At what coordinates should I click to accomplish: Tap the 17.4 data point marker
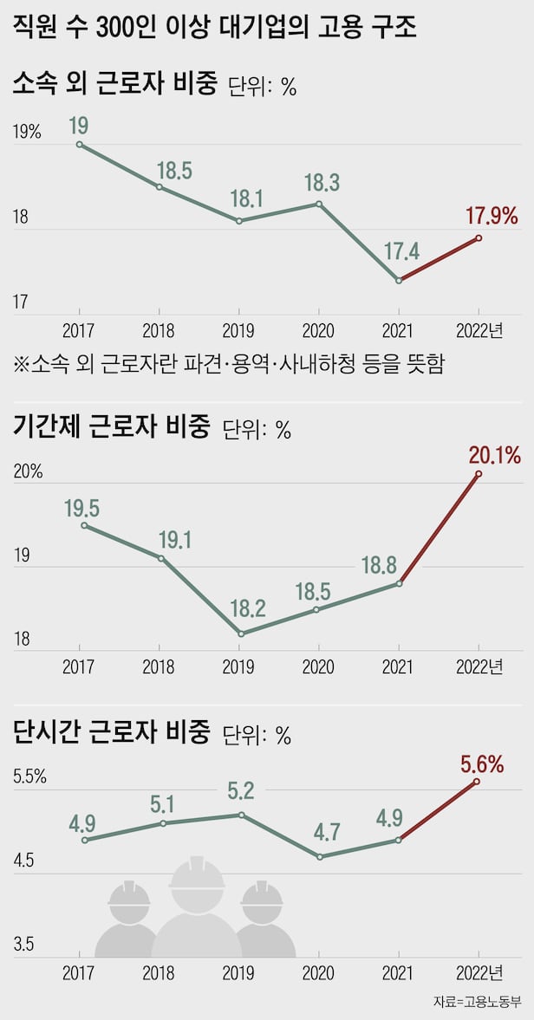pos(399,280)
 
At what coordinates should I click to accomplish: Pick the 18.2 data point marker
pos(239,634)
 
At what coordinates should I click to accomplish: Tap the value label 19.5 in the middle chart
pos(81,507)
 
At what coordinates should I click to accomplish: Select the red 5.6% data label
pos(483,763)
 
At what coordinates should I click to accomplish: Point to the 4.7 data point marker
pos(319,857)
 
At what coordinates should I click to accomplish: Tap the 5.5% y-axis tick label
pos(29,777)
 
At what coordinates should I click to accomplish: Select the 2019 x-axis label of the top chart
pos(238,330)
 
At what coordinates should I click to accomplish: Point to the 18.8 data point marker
pos(399,583)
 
